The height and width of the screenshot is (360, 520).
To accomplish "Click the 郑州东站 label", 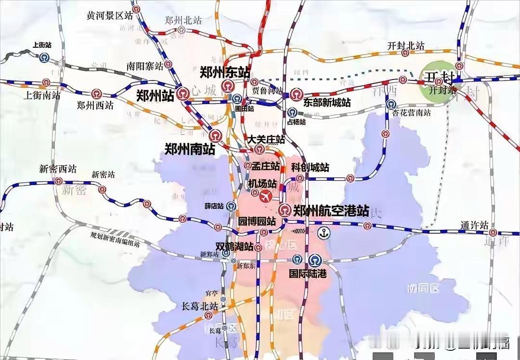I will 225,73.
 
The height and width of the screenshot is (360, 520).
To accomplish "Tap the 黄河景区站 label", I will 109,15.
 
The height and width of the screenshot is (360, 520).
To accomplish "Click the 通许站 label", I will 474,225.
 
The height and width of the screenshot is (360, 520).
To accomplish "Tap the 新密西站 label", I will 58,169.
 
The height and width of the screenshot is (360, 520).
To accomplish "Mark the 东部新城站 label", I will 327,103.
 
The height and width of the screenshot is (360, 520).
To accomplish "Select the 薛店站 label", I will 214,206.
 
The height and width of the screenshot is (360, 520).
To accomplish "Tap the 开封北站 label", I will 406,46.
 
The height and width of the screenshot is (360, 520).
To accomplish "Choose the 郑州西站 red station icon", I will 97,93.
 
